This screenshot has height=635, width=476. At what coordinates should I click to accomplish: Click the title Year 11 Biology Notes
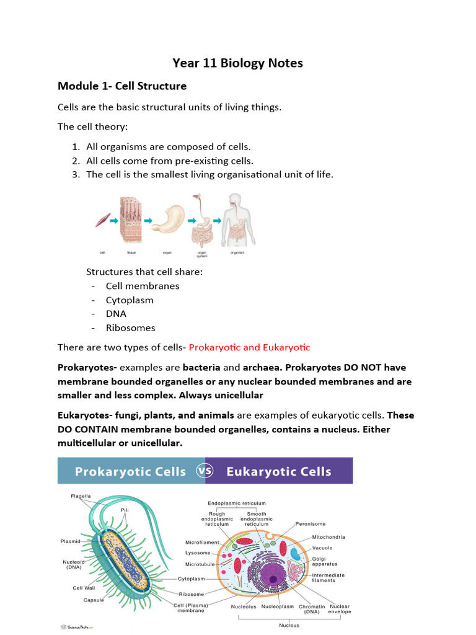point(237,63)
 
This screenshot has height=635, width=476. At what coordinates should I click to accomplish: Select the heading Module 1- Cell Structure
point(121,86)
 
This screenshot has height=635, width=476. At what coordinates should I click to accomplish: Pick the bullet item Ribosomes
point(130,328)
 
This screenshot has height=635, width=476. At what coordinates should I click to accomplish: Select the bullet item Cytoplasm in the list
point(130,300)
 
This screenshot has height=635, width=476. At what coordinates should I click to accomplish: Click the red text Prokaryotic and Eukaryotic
point(249,347)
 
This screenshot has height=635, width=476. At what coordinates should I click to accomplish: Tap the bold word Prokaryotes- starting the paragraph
point(82,368)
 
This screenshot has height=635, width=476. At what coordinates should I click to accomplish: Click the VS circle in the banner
point(205,471)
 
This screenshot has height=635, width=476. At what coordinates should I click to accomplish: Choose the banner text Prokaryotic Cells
point(130,471)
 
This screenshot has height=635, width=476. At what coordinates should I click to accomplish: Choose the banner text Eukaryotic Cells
point(279,471)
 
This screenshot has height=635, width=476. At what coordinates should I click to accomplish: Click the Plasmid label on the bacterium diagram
point(70,541)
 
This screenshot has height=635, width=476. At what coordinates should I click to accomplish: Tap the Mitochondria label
point(328,537)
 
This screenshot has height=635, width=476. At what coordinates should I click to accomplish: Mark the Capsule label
point(94,600)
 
